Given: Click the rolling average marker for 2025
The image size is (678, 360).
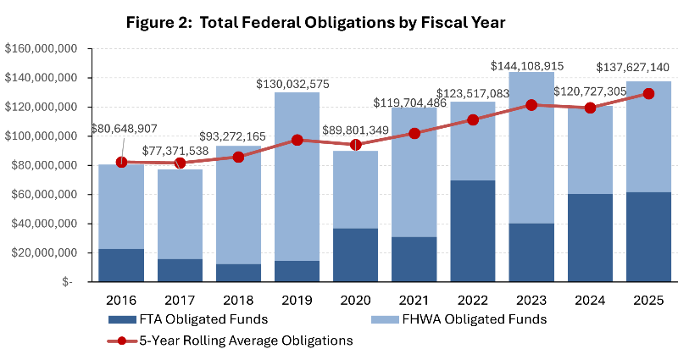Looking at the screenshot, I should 647,93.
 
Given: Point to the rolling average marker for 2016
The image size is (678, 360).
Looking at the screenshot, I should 121,161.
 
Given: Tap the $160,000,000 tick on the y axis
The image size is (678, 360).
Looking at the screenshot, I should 42,48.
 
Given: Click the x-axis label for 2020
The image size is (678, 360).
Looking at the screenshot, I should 355,300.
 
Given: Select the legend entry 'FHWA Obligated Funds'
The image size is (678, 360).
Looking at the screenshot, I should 461,319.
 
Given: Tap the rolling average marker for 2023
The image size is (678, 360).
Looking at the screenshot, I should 531,105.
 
